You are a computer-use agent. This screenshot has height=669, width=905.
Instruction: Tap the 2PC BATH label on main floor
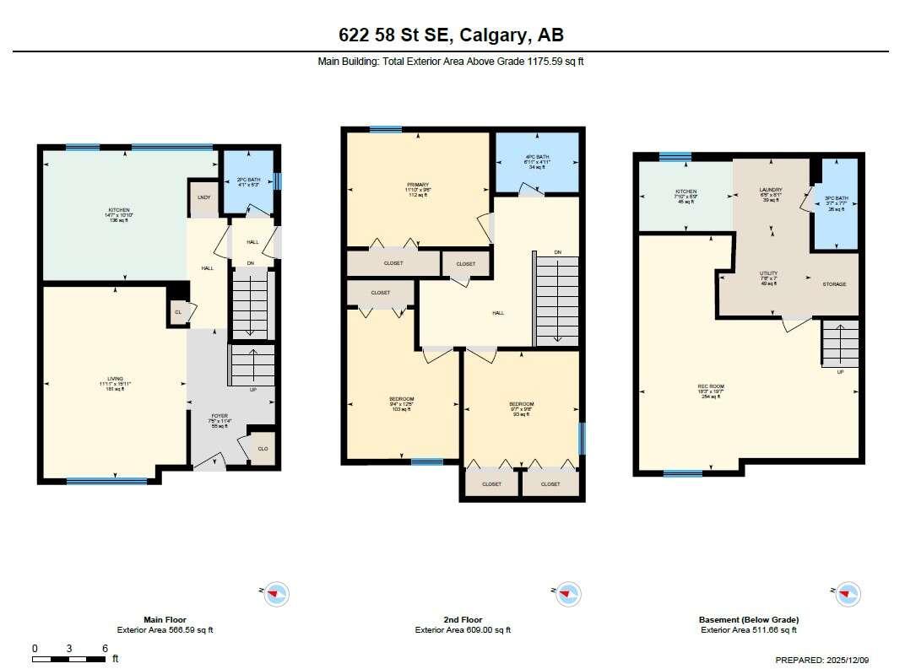248,180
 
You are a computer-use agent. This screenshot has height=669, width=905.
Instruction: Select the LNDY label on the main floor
203,197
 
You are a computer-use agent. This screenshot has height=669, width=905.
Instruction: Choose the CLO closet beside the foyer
263,449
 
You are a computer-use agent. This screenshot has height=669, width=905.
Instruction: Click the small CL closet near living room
178,312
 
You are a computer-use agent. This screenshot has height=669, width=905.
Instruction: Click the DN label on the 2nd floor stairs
557,253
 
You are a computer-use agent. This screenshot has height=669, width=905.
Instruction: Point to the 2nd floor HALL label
498,313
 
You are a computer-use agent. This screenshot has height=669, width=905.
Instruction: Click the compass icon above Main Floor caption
276,594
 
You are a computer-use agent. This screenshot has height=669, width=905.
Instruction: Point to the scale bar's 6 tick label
105,648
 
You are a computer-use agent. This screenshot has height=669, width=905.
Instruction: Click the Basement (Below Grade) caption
748,620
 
